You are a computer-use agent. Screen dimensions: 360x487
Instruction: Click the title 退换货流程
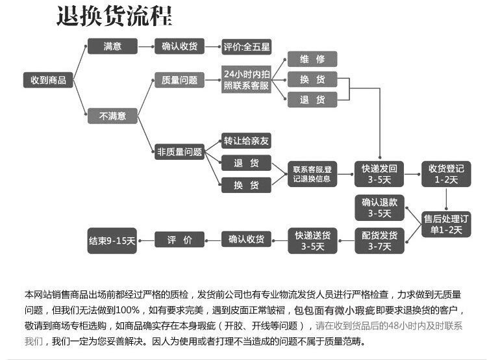pyautogui.click(x=114, y=16)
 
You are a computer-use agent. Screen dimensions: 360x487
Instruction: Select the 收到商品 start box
pyautogui.click(x=49, y=80)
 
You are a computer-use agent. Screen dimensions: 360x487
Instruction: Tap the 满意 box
pyautogui.click(x=112, y=47)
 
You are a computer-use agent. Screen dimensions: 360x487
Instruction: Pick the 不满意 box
pyautogui.click(x=112, y=116)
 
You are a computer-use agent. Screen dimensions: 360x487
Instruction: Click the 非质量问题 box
pyautogui.click(x=180, y=153)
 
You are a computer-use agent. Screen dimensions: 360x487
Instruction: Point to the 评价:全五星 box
pyautogui.click(x=246, y=47)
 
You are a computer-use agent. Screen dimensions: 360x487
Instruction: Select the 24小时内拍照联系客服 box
pyautogui.click(x=246, y=79)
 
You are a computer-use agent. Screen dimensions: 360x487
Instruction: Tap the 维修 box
pyautogui.click(x=312, y=59)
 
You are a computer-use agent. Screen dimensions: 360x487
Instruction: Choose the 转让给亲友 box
pyautogui.click(x=246, y=141)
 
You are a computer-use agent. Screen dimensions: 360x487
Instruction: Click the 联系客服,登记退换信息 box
pyautogui.click(x=312, y=174)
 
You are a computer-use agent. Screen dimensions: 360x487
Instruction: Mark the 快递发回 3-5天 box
pyautogui.click(x=379, y=174)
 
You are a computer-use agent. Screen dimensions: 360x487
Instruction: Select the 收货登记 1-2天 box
pyautogui.click(x=446, y=174)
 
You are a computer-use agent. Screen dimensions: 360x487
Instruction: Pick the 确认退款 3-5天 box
pyautogui.click(x=379, y=207)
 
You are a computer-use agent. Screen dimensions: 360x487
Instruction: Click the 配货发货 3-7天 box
pyautogui.click(x=379, y=240)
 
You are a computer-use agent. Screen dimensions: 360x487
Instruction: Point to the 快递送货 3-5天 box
pyautogui.click(x=312, y=240)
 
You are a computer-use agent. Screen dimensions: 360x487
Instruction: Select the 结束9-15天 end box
pyautogui.click(x=112, y=240)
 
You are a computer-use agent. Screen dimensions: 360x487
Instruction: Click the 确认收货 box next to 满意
pyautogui.click(x=180, y=47)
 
